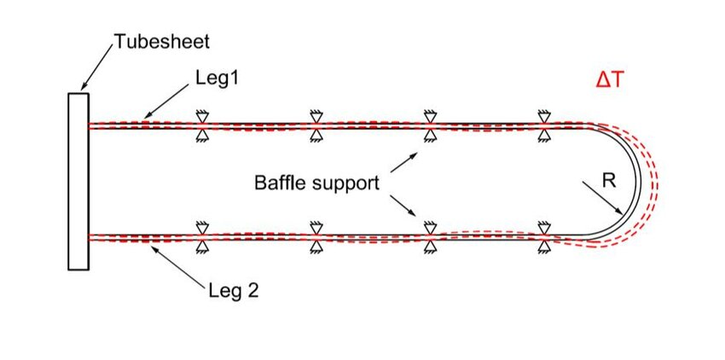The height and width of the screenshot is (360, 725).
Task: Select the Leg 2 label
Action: pyautogui.click(x=233, y=291)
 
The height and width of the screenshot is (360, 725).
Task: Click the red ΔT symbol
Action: pyautogui.click(x=612, y=79)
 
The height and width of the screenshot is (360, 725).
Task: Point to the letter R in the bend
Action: pyautogui.click(x=608, y=182)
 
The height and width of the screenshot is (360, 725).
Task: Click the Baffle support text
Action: pyautogui.click(x=316, y=183)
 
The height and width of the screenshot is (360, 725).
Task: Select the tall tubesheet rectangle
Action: pyautogui.click(x=78, y=182)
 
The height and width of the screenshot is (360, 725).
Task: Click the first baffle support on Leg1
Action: pyautogui.click(x=202, y=125)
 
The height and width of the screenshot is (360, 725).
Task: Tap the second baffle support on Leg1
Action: pyautogui.click(x=316, y=125)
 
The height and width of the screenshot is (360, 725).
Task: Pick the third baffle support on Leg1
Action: pyautogui.click(x=430, y=125)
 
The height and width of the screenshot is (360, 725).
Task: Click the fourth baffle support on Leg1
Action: pyautogui.click(x=543, y=125)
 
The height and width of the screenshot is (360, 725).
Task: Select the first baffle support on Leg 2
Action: pyautogui.click(x=202, y=237)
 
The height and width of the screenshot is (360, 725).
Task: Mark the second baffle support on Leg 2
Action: pyautogui.click(x=316, y=237)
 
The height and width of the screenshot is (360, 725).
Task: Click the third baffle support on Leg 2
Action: pyautogui.click(x=430, y=237)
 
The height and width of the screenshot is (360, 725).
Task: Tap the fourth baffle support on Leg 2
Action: pyautogui.click(x=543, y=237)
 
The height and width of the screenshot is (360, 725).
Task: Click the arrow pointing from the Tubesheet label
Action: pyautogui.click(x=96, y=65)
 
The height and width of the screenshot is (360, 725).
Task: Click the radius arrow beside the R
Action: pyautogui.click(x=597, y=198)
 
